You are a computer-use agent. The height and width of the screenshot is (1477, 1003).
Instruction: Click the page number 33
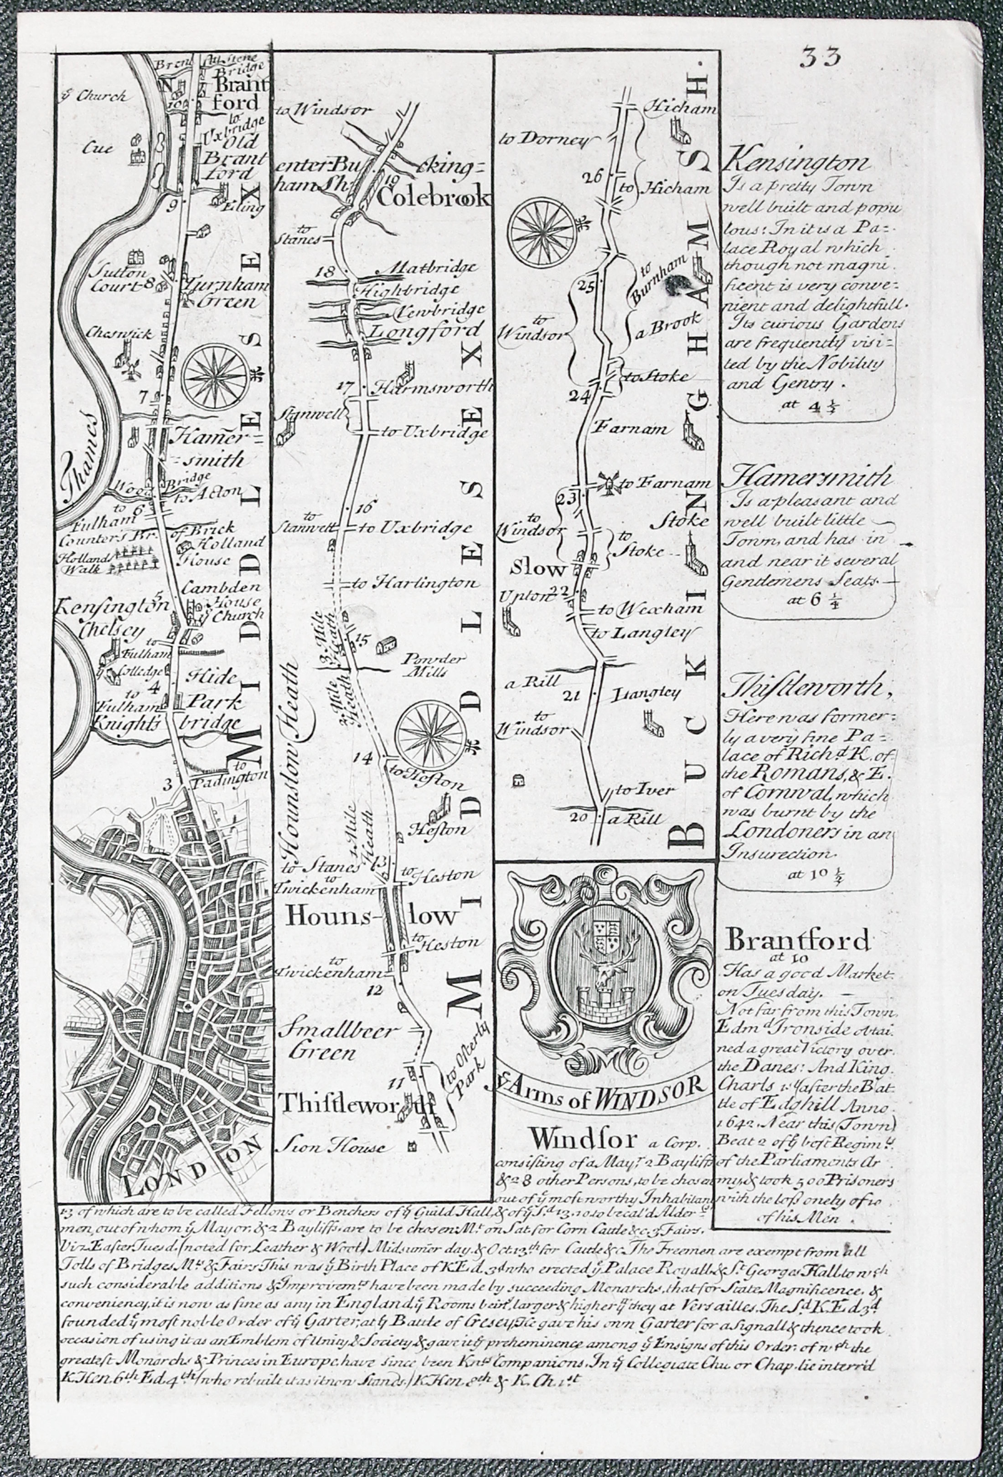[820, 57]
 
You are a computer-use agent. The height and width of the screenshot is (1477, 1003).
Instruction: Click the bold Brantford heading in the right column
[798, 939]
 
